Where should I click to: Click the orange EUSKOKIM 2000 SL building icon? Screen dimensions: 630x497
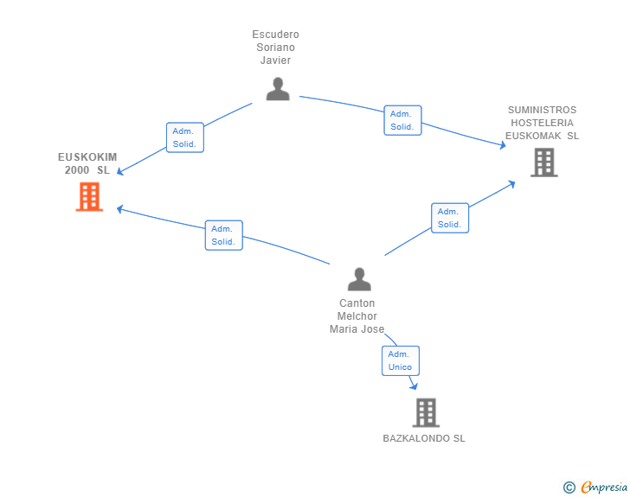89,197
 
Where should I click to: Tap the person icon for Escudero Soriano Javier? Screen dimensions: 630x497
278,89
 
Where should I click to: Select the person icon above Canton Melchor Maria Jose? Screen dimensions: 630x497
359,279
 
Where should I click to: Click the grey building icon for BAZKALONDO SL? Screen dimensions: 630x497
426,412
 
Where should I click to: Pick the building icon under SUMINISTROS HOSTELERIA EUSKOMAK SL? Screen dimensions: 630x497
544,162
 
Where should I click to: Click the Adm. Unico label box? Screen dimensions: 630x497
401,361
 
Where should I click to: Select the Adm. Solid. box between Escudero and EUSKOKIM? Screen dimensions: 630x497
185,137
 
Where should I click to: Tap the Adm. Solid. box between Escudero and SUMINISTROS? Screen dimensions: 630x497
402,120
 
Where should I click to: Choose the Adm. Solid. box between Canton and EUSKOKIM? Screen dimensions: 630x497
224,235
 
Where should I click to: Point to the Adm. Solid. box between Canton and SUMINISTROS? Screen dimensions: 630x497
450,218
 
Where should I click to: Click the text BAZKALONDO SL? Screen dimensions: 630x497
424,438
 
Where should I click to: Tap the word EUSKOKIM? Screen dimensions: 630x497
87,157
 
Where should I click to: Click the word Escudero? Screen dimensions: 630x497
275,35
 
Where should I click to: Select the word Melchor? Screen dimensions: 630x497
357,316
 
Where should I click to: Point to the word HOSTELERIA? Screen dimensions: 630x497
542,123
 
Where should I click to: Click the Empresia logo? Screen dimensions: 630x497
604,487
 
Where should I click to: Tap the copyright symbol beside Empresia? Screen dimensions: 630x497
569,487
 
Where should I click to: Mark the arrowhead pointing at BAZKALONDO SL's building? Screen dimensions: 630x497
414,386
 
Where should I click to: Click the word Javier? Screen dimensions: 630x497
275,61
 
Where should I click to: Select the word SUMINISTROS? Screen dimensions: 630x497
542,110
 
